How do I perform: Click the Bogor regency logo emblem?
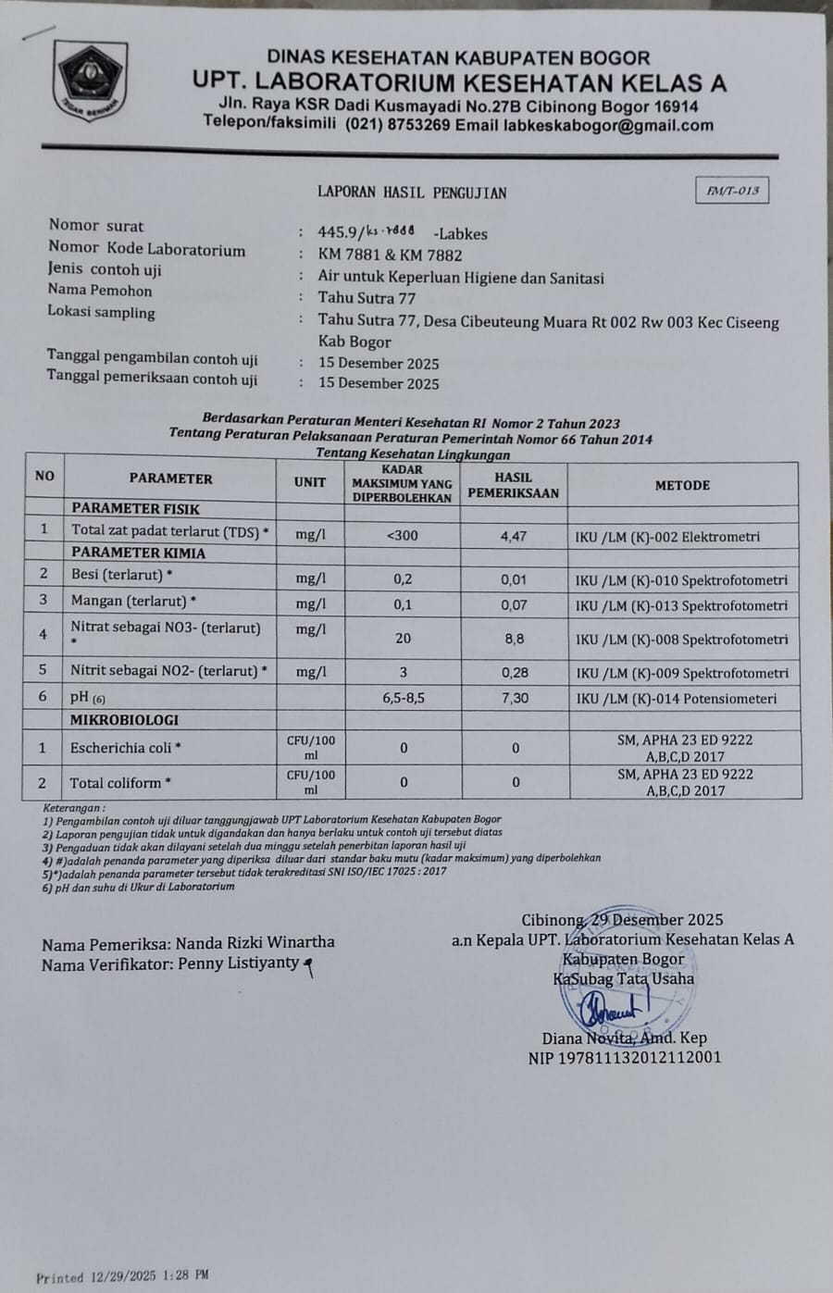[x=90, y=81]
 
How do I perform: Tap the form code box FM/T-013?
[x=732, y=191]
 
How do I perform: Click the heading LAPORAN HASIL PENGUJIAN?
[x=412, y=193]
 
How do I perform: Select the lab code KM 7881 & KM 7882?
[x=390, y=255]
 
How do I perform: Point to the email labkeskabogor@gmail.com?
[x=608, y=126]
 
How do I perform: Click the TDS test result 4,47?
[x=514, y=536]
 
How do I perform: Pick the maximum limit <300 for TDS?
[x=402, y=536]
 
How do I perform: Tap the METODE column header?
[x=682, y=485]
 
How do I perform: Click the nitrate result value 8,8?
[x=515, y=639]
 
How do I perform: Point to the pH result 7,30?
[x=515, y=698]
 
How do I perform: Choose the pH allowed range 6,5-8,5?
[x=403, y=698]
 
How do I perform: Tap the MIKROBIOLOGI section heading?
[x=125, y=720]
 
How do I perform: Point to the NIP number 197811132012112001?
[x=625, y=1057]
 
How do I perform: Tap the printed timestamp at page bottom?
[x=122, y=1276]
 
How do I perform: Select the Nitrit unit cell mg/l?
[x=310, y=673]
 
